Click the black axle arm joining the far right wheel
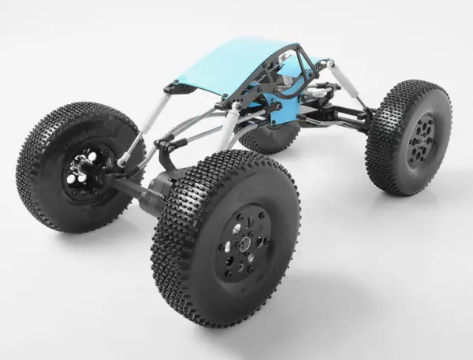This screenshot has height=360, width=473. (347, 118)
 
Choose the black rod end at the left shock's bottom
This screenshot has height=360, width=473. (123, 161)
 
